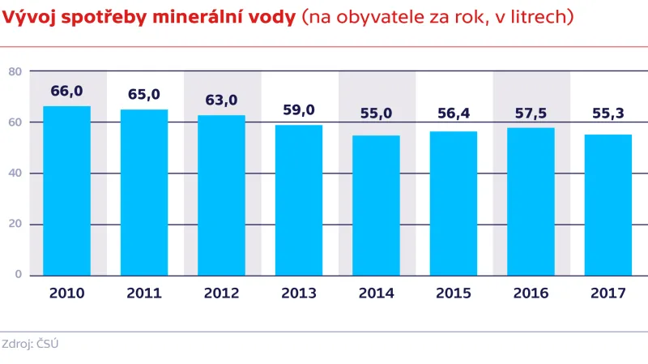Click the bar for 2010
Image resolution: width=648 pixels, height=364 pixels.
[66, 191]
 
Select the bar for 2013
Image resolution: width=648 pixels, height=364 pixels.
[299, 200]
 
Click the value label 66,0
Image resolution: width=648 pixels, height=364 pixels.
[66, 91]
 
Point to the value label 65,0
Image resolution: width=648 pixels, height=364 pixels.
[144, 94]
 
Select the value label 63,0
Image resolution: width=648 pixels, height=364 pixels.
[221, 100]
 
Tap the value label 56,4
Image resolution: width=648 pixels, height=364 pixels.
[454, 113]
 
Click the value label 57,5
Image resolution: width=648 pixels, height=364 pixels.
[531, 113]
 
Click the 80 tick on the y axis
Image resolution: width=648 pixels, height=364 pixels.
[14, 71]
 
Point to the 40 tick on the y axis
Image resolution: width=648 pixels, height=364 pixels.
[14, 173]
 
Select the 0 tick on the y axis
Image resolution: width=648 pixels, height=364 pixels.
[17, 274]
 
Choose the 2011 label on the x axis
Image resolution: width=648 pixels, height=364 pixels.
[144, 293]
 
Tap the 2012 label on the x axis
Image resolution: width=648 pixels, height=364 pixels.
[221, 293]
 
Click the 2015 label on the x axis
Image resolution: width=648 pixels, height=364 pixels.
[454, 293]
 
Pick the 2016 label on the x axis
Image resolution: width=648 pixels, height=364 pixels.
[531, 293]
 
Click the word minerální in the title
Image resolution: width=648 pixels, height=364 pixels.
[207, 18]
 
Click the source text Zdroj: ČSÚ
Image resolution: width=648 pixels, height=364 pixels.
[30, 344]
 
